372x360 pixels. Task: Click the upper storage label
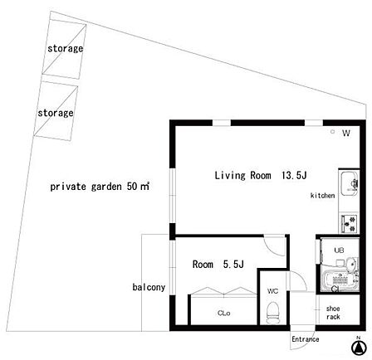coord(66,49)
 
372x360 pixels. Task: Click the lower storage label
coord(56,113)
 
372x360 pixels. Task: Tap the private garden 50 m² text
coord(100,187)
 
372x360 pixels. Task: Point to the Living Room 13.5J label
coord(261,175)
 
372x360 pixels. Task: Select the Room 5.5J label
coord(218,265)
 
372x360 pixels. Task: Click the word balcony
coord(149,287)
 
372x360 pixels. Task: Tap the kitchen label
coord(323,196)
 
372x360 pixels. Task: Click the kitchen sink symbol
coord(350,183)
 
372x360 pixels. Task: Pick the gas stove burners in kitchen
coord(350,223)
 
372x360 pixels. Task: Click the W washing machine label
coord(346,133)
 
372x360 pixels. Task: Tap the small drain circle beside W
coord(333,132)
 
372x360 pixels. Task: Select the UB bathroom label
coord(339,251)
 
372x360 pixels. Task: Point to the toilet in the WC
coord(272,313)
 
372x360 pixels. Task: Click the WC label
coord(272,291)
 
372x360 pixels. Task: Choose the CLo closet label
coord(224,313)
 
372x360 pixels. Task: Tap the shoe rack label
coord(333,313)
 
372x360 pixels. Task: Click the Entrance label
coord(306,339)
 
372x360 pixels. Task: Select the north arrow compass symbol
coord(359,348)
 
